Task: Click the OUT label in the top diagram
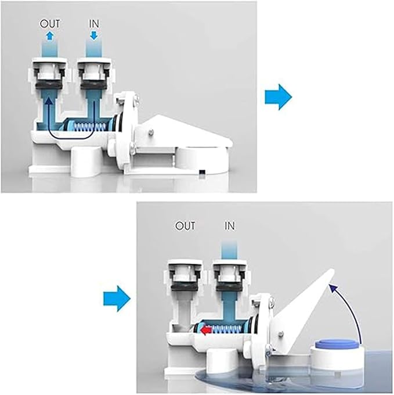click(x=50, y=24)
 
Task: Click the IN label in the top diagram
click(x=93, y=24)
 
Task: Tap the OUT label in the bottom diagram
click(x=185, y=226)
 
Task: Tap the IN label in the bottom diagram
click(x=229, y=226)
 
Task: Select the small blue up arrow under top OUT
click(x=50, y=35)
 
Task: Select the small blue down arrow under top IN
click(x=93, y=35)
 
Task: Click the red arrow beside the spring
click(x=207, y=330)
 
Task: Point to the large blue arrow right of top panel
click(x=279, y=97)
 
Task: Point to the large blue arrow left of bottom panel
click(x=117, y=299)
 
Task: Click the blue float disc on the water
click(x=335, y=343)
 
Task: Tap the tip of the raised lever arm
click(x=332, y=270)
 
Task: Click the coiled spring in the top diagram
click(x=89, y=126)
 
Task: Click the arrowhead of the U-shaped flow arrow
click(x=49, y=100)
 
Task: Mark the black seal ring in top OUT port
click(x=49, y=85)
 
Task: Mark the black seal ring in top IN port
click(x=93, y=85)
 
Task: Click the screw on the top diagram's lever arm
click(x=150, y=132)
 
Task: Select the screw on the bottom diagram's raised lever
click(x=281, y=334)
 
